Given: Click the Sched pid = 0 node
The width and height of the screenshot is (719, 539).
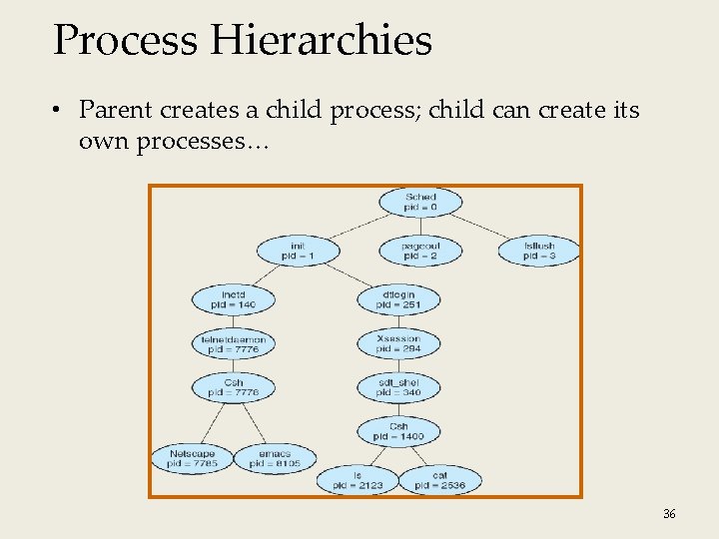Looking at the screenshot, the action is click(420, 202).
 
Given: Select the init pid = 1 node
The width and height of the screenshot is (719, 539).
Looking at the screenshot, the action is click(298, 251).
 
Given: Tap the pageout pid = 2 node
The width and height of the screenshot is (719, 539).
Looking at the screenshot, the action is click(420, 251).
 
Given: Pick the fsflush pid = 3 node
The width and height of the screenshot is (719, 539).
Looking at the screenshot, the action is click(539, 251).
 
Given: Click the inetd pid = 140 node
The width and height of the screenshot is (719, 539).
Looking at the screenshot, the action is click(233, 298).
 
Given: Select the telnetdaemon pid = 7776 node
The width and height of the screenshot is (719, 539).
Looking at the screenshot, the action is click(233, 343).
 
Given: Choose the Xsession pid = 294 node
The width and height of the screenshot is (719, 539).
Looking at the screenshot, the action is click(398, 343).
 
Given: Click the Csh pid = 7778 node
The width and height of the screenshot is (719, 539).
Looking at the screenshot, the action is click(233, 387).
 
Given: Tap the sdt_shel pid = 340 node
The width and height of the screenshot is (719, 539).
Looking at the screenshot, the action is click(398, 387).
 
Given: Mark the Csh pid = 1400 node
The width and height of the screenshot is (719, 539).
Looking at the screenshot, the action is click(398, 431).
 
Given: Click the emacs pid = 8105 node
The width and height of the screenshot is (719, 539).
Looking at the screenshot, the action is click(275, 458).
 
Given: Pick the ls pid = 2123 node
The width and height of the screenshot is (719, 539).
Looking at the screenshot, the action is click(357, 480).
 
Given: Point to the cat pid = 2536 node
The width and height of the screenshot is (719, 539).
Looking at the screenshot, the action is click(439, 480).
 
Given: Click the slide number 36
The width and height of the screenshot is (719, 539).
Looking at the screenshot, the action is click(669, 514).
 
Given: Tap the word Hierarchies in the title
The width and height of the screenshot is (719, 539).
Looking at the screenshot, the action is click(322, 41).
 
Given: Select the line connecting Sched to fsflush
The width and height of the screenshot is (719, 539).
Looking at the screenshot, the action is click(485, 226).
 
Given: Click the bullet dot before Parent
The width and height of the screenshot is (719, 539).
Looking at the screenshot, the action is click(60, 111).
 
